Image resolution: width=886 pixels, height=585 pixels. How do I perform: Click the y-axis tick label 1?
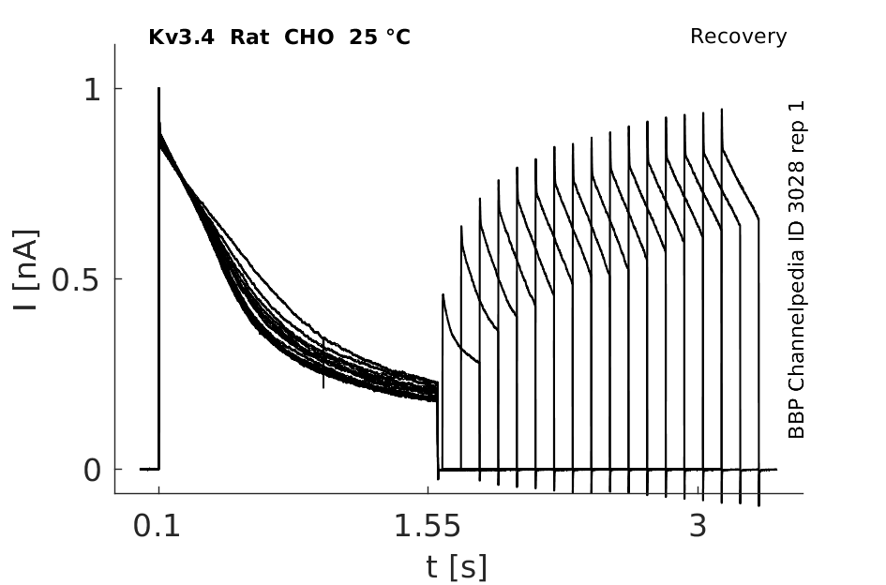coord(92,89)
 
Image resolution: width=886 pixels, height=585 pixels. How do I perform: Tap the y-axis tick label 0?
coord(92,470)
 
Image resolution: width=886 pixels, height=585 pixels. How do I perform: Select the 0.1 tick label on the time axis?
coord(157,526)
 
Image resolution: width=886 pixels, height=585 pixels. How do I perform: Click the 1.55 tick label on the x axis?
coord(428,526)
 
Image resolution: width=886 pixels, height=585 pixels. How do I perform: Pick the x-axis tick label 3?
coord(698,526)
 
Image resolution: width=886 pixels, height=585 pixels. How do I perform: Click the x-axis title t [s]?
coord(456,567)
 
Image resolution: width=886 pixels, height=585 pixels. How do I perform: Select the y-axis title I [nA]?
coord(25,270)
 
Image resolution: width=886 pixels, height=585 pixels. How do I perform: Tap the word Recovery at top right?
coord(738,37)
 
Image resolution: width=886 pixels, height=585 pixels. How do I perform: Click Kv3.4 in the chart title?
coord(181,37)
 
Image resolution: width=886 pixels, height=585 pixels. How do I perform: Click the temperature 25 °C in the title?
coord(380,37)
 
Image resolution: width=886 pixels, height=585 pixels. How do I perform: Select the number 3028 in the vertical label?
coord(796,187)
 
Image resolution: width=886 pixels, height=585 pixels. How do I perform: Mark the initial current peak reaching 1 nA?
coord(158,88)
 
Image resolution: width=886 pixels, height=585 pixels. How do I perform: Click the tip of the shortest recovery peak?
coord(443,294)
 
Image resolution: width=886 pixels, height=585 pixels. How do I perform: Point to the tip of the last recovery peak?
coord(722,109)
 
